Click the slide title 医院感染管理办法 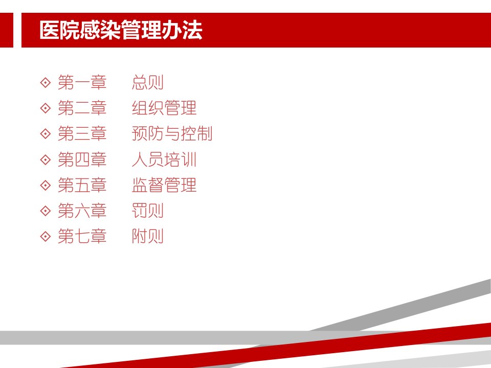(x=121, y=30)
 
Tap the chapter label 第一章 (x=82, y=82)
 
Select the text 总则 (x=148, y=82)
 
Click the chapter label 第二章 (x=82, y=108)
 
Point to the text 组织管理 (x=164, y=108)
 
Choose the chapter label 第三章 (x=82, y=133)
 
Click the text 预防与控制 (x=172, y=133)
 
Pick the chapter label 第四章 (x=82, y=159)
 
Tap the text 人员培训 (x=164, y=159)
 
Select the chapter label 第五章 (x=82, y=185)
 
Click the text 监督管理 (x=164, y=185)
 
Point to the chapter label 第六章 (x=82, y=211)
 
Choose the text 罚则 (x=148, y=211)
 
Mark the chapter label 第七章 (x=82, y=236)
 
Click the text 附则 (x=148, y=236)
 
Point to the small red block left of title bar (x=7, y=30)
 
